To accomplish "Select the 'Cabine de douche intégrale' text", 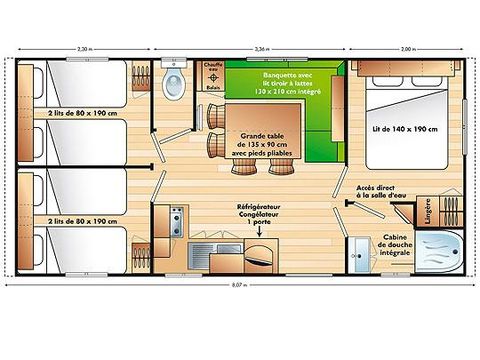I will pos(400,244).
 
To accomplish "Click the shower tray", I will pos(437,252).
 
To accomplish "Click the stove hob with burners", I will pos(177,218).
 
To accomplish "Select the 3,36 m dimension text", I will pos(262,48).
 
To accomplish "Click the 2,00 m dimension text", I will pos(408,48).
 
